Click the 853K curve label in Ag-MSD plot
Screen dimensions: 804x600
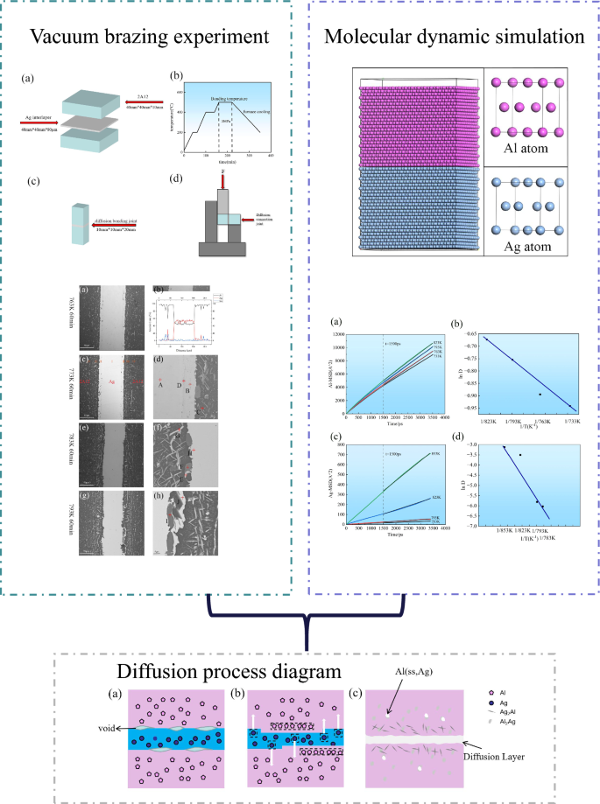click(x=435, y=453)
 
